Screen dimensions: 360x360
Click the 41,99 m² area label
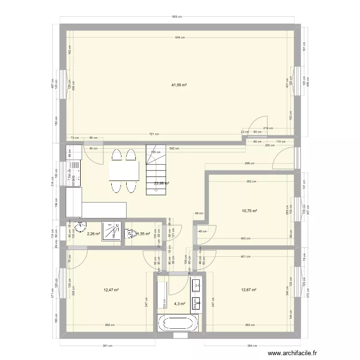coord(179,85)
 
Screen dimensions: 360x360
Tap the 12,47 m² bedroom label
coord(111,290)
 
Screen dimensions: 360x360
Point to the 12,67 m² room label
coord(249,290)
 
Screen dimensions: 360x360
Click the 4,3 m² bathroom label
coord(179,304)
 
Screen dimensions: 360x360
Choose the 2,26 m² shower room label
coord(93,234)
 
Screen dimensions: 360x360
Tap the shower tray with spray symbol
coord(112,230)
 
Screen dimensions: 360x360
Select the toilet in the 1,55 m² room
coord(130,234)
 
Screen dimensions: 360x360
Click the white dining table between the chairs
coord(124,170)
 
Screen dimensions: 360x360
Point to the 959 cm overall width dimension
coord(177,17)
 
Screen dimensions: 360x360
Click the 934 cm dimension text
coord(179,37)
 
